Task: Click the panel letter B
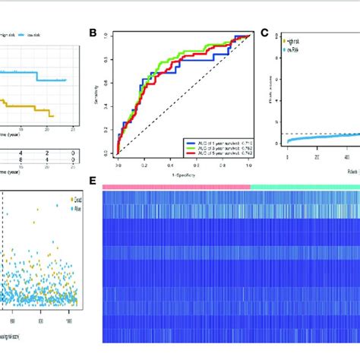(93, 33)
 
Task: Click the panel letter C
(265, 33)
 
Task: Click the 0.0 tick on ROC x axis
(118, 163)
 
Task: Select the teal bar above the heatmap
(304, 185)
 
